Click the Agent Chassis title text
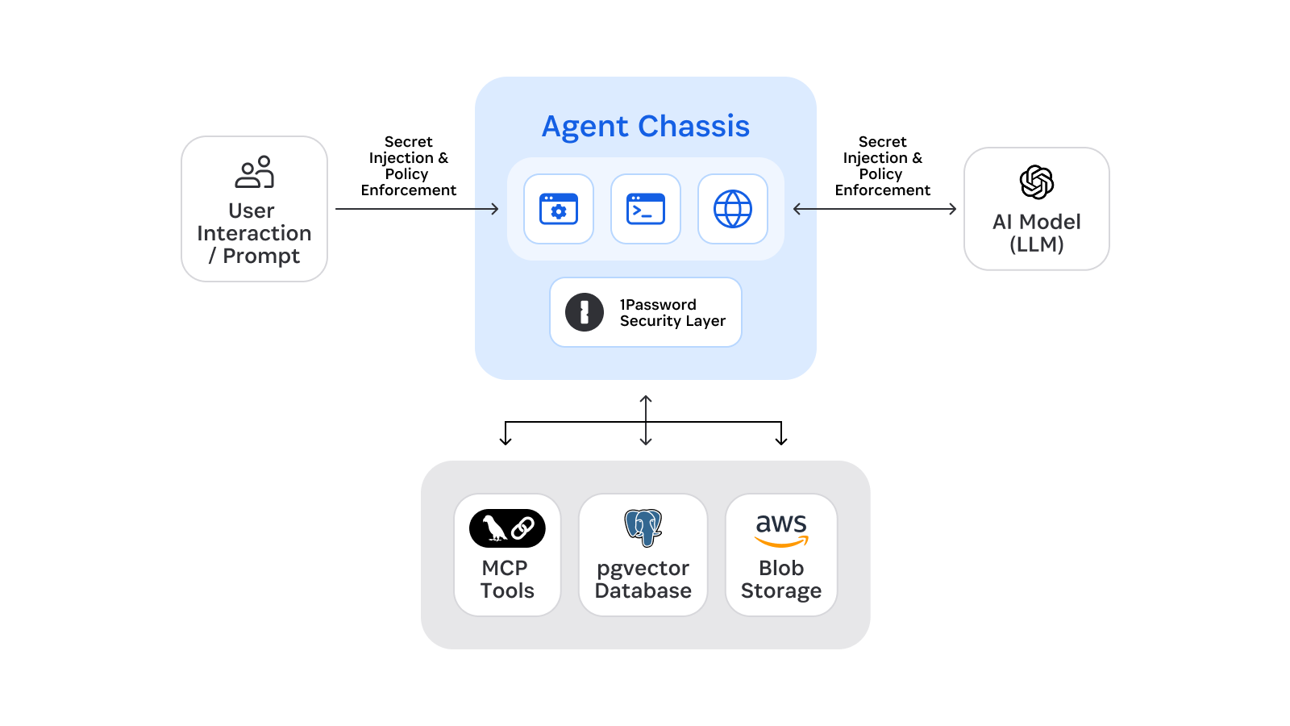click(645, 127)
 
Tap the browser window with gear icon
click(559, 209)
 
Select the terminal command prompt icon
click(646, 209)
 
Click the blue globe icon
click(733, 209)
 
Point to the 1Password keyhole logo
click(585, 312)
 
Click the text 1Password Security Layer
click(672, 313)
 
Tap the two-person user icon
click(255, 172)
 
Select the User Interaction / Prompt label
click(254, 233)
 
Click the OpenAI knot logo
click(1037, 182)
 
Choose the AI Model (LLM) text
click(1037, 233)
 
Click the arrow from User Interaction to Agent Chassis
click(417, 209)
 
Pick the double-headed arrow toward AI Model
click(875, 209)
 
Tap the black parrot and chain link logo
click(507, 528)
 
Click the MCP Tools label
click(507, 579)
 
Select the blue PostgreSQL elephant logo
click(643, 528)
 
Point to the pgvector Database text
click(643, 579)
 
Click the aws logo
click(781, 529)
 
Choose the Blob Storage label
click(781, 579)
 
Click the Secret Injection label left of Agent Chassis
click(408, 166)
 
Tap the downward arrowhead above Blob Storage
click(781, 440)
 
